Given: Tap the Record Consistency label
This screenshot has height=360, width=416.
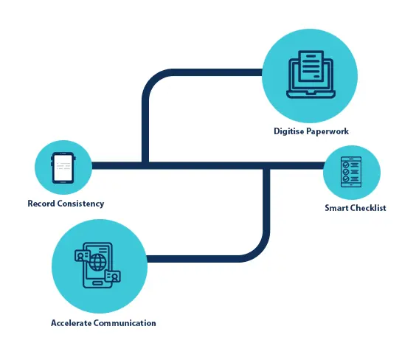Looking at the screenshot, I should (x=66, y=204).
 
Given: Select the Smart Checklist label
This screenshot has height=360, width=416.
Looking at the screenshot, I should (x=355, y=208).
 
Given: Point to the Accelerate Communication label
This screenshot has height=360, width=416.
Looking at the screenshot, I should (x=103, y=323).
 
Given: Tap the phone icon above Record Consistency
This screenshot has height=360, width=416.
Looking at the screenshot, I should (x=63, y=168).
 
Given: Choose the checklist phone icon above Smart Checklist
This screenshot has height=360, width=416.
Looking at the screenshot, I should (x=351, y=172).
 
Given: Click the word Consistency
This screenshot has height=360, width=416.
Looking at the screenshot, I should (x=81, y=204).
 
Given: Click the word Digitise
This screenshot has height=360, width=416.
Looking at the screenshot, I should (x=286, y=131).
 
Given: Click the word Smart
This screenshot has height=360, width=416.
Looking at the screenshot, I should (x=337, y=208).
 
